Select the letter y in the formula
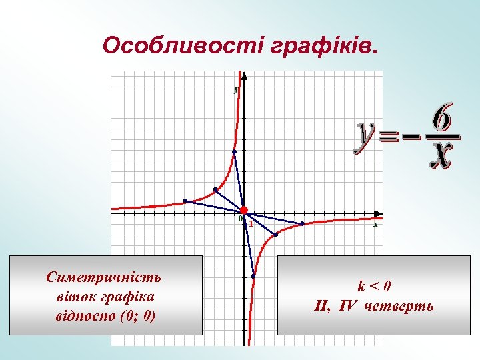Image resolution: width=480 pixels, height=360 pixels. coord(365,136)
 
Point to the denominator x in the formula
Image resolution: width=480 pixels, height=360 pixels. coord(441,155)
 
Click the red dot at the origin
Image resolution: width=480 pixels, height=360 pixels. coord(244,211)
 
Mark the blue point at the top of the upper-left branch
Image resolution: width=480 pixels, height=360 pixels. coord(234,151)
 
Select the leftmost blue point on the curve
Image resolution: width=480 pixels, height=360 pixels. coord(185,201)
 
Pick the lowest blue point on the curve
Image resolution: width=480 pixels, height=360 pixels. coord(253,276)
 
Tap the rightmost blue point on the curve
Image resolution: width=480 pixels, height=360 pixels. coord(302,223)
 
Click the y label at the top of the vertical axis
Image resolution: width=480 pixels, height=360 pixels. coord(236,89)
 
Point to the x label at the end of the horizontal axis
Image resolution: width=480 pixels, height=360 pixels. coord(375,225)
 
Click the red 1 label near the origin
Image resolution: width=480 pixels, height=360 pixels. coord(251,224)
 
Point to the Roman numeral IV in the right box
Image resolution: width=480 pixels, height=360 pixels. coord(347,306)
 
